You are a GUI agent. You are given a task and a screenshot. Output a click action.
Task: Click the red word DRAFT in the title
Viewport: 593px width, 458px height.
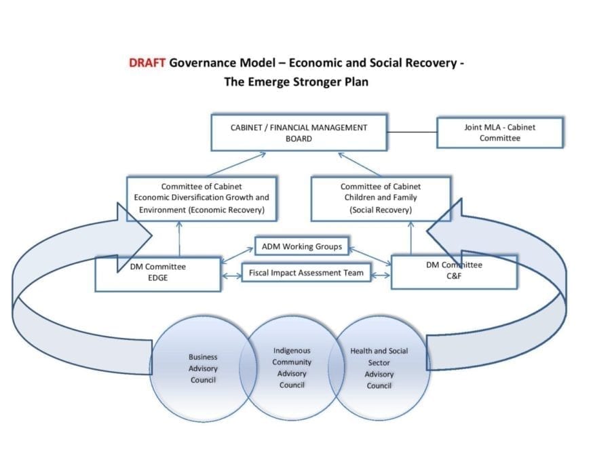pos(147,62)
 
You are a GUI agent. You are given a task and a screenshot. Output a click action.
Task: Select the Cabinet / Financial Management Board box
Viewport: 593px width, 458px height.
pos(299,132)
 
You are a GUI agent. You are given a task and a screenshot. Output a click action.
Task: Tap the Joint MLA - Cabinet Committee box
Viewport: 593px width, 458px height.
pos(499,132)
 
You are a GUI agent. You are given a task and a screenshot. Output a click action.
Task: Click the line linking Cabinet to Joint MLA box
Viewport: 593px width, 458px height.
pos(412,132)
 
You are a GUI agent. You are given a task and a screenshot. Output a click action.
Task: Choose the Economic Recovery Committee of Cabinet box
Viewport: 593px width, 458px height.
pos(202,199)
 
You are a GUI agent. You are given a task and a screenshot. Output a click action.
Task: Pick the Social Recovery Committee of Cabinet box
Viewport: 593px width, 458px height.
pos(381,199)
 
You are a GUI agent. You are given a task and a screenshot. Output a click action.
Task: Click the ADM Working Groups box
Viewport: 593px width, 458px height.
pos(302,246)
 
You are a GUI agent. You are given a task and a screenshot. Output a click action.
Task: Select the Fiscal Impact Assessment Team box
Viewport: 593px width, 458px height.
pos(306,273)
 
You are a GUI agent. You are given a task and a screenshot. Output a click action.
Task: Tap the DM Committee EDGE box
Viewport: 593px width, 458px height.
pos(157,274)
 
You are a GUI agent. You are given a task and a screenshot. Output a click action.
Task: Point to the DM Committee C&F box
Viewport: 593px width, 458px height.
pos(454,272)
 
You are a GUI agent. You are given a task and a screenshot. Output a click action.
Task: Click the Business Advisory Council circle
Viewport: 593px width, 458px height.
pos(203,368)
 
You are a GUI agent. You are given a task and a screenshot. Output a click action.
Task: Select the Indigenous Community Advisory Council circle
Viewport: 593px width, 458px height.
pos(292,367)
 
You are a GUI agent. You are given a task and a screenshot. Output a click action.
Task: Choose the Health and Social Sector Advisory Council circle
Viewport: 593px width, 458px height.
pos(379,368)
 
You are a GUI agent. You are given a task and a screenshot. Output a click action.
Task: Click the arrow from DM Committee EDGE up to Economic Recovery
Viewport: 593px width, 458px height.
pos(179,239)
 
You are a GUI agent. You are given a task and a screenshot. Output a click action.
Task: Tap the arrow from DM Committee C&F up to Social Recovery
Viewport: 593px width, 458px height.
pos(410,238)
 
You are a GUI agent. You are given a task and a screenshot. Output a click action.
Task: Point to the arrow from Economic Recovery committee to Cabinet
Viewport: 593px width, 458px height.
pos(237,164)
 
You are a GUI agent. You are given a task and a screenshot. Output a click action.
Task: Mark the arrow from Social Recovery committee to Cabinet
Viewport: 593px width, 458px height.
pos(360,164)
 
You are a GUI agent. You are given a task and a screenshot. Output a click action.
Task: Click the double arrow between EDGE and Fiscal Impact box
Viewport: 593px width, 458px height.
pos(231,276)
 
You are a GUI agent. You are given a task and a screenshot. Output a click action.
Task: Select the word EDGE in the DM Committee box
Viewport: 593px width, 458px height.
pos(157,278)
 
